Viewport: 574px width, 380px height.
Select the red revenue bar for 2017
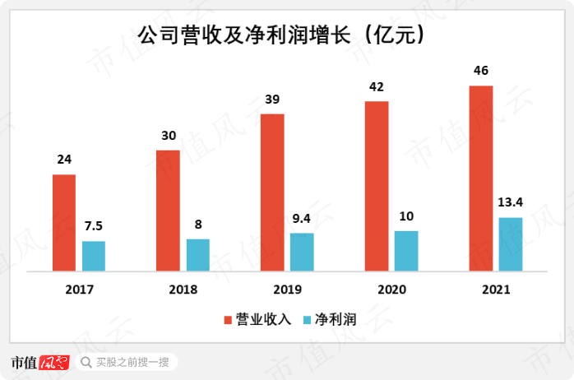point(64,222)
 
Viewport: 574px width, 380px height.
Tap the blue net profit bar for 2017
point(94,256)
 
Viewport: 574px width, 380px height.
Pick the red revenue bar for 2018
point(168,211)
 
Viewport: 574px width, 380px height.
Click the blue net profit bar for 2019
point(302,252)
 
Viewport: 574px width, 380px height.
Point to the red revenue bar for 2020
point(377,186)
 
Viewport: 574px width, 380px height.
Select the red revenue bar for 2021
point(481,178)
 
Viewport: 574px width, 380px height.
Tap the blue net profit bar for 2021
point(511,244)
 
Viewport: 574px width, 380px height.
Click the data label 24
point(64,160)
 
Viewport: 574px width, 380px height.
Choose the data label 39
point(272,100)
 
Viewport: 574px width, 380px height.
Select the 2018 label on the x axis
point(183,290)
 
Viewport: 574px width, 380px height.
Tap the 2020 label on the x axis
point(391,290)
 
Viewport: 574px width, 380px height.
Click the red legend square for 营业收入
point(228,319)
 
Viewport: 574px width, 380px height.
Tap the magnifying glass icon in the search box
point(86,362)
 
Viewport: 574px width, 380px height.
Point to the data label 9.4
point(302,219)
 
